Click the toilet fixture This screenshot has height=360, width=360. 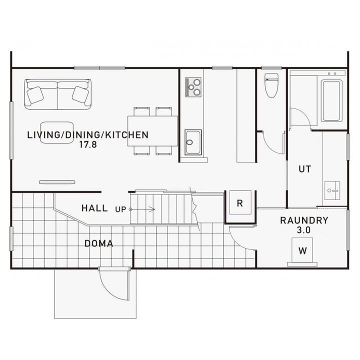[271, 85]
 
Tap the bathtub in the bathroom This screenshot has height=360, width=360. [331, 100]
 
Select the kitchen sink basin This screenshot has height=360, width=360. [193, 142]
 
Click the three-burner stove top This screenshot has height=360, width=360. [193, 87]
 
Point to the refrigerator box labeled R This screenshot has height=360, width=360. [240, 202]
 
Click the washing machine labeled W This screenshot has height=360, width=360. [302, 250]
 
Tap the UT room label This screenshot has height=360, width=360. [305, 169]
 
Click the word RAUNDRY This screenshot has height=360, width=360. [304, 220]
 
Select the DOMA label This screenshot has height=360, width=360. [98, 243]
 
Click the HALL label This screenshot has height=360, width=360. [94, 208]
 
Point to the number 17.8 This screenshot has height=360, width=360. [88, 144]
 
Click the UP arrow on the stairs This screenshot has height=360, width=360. [142, 209]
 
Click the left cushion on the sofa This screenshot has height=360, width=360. [35, 95]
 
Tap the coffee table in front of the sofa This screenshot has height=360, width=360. [57, 132]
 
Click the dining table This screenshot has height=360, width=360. [152, 131]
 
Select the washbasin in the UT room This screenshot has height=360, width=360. [332, 190]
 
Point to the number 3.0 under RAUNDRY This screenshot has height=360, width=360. [303, 230]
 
